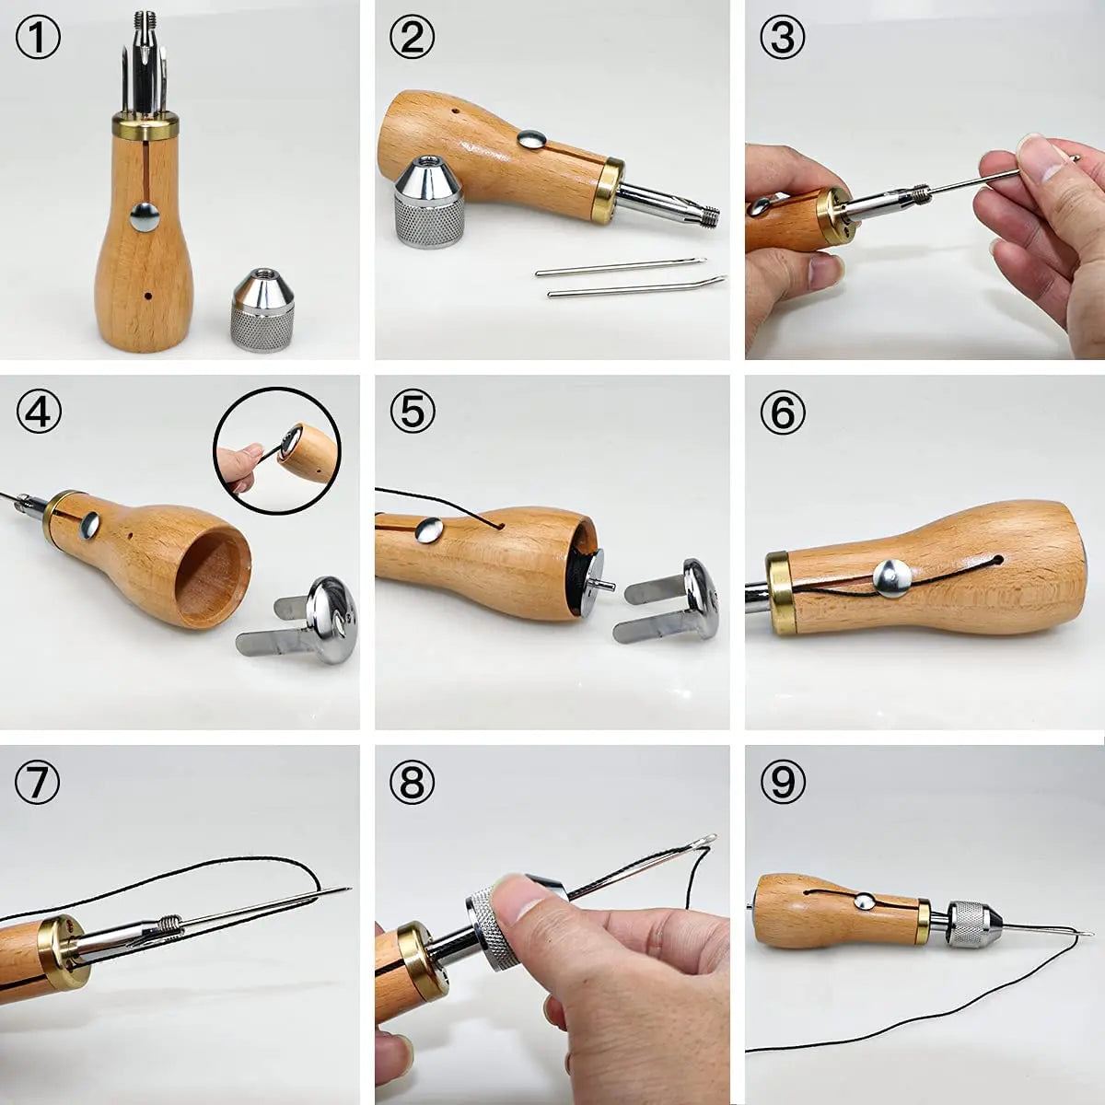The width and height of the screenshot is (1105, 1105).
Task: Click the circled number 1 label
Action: [x=39, y=40]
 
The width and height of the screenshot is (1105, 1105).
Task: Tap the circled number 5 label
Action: [x=412, y=410]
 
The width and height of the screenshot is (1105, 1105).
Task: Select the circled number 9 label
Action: [x=783, y=782]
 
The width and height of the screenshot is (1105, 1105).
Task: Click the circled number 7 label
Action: [x=39, y=782]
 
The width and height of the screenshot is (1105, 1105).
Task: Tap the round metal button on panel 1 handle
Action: [x=145, y=216]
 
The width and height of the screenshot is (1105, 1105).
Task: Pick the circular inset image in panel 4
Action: [x=277, y=449]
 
